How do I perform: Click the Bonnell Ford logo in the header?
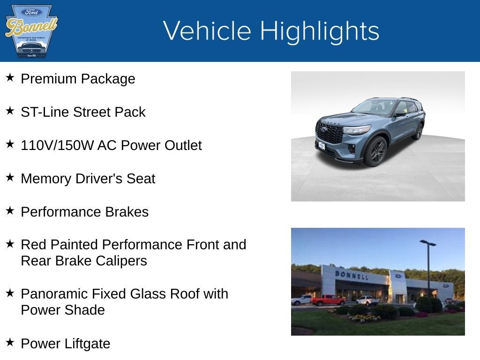pyautogui.click(x=31, y=31)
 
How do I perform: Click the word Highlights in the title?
pyautogui.click(x=319, y=31)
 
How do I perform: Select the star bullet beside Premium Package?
pyautogui.click(x=10, y=77)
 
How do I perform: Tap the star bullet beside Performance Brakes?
pyautogui.click(x=10, y=210)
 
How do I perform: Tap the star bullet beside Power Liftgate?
pyautogui.click(x=10, y=342)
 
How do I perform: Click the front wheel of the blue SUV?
pyautogui.click(x=377, y=151)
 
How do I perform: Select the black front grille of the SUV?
pyautogui.click(x=330, y=133)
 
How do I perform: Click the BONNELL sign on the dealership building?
pyautogui.click(x=352, y=275)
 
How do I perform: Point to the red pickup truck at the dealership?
pyautogui.click(x=328, y=300)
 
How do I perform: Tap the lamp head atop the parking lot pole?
pyautogui.click(x=427, y=243)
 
